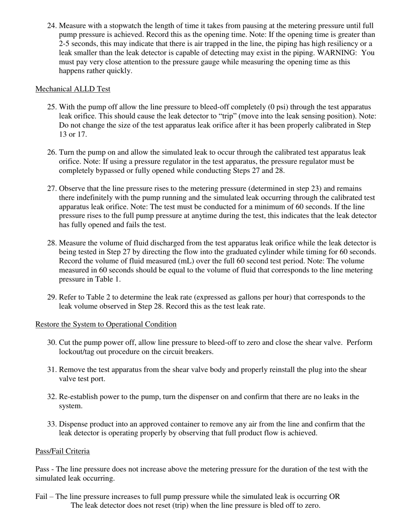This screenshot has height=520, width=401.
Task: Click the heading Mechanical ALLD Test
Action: tap(73, 89)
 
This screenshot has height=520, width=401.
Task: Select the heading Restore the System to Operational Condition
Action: tap(106, 324)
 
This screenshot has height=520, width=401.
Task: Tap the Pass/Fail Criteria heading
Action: tap(62, 451)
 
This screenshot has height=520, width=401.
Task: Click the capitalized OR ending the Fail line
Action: tap(334, 497)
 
